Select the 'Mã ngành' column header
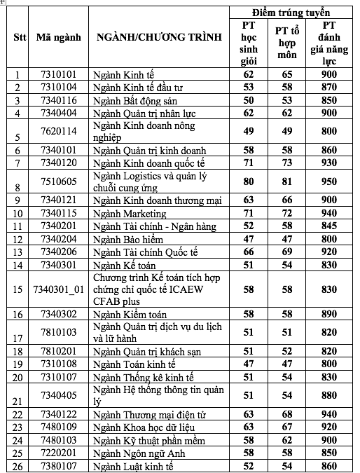click(59, 37)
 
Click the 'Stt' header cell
click(20, 37)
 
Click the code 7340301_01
click(59, 289)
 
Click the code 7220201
click(59, 453)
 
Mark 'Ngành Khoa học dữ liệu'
click(145, 427)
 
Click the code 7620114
click(59, 131)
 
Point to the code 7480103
click(59, 440)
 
